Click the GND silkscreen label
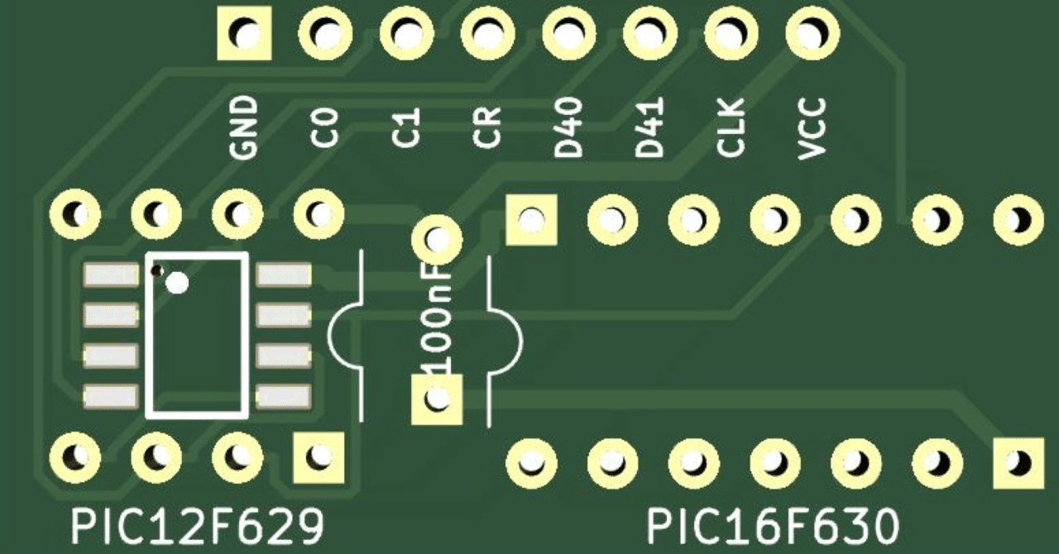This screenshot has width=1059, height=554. coord(244,127)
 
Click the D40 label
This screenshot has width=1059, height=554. coord(568,127)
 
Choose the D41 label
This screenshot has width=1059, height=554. coord(649,127)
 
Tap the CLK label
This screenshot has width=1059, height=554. coord(731,127)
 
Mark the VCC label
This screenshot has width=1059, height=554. coord(812,127)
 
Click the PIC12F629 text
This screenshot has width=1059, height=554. coord(196,526)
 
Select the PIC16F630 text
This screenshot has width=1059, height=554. coord(771,526)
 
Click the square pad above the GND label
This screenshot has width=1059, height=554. coord(244,35)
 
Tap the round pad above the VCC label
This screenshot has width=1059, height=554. coord(812,35)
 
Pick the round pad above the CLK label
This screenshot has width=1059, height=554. coord(731,35)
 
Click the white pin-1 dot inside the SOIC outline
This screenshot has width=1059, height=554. coord(177,284)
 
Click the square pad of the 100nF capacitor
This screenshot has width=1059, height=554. coord(437,399)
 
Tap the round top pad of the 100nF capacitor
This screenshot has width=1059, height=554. coord(437,239)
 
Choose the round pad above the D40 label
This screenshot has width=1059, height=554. coord(568,35)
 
